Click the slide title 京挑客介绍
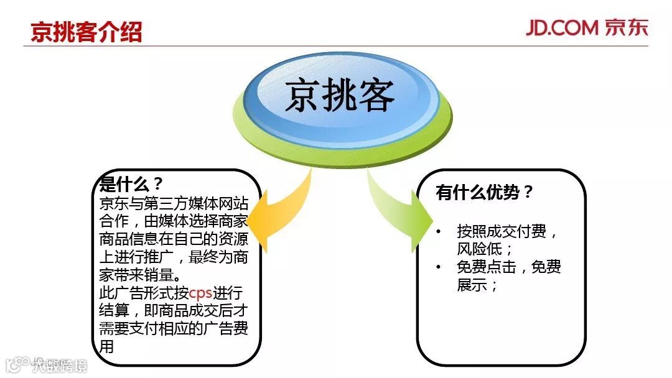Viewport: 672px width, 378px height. (x=86, y=32)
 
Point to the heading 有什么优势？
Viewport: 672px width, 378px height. (x=485, y=193)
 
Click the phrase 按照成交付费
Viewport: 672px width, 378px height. (x=502, y=232)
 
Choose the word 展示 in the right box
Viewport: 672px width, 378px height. (x=472, y=285)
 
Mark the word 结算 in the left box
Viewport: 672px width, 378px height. (x=114, y=311)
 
